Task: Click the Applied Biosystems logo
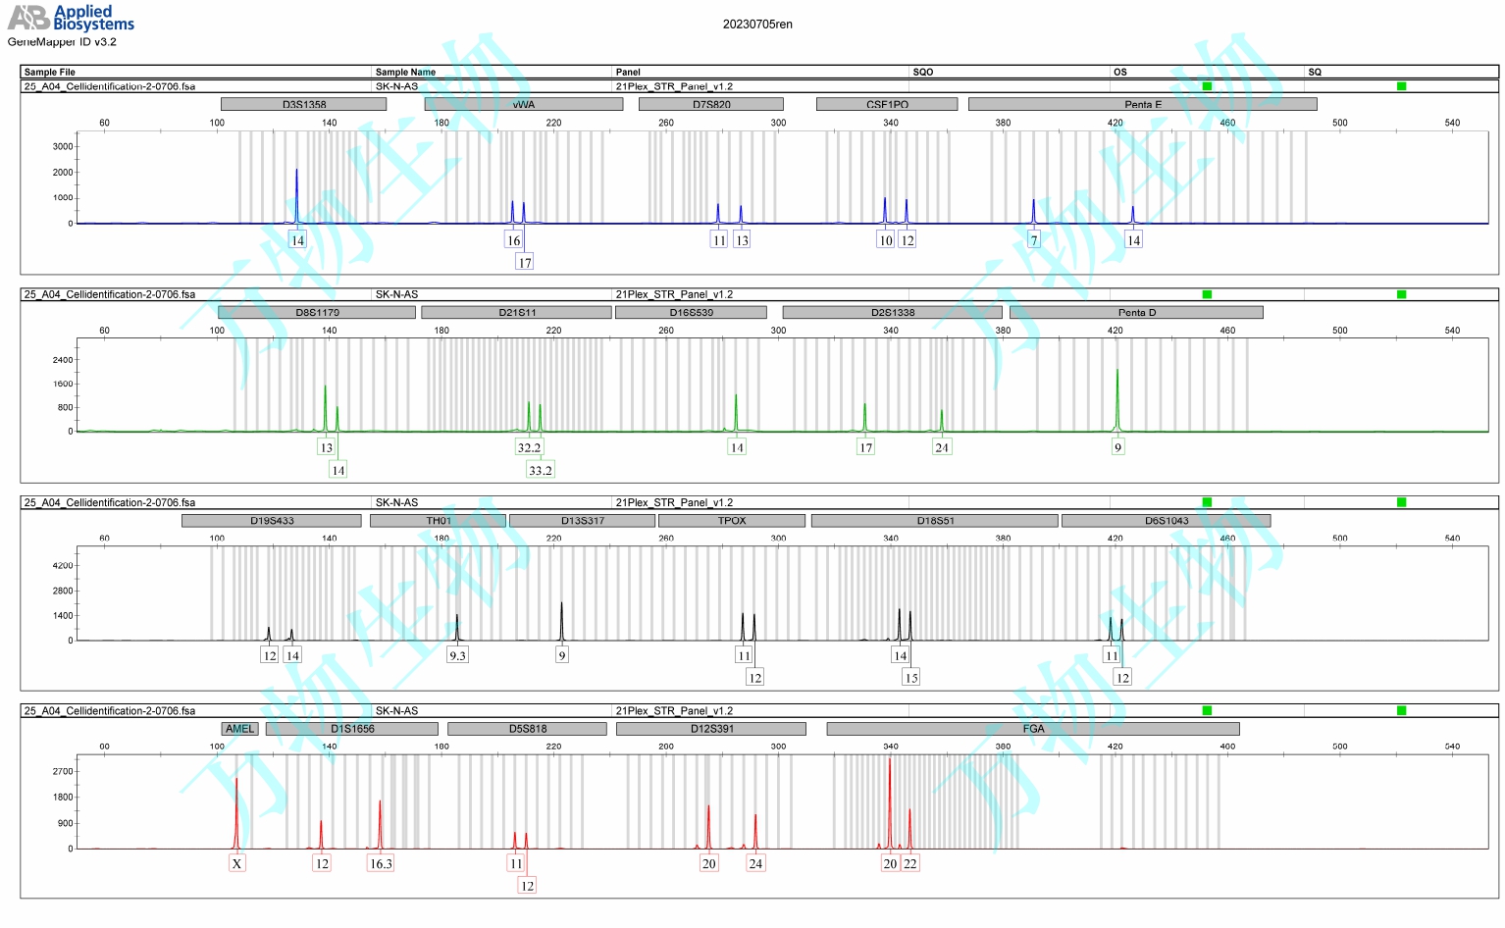(x=71, y=18)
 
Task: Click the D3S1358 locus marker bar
(x=304, y=104)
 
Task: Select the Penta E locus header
(x=1142, y=104)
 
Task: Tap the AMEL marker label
(x=239, y=729)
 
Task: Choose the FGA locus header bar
(x=1033, y=729)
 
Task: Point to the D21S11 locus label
(x=517, y=313)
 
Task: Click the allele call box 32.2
(x=529, y=447)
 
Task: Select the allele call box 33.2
(x=541, y=470)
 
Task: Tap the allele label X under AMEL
(x=236, y=863)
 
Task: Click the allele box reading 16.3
(x=381, y=863)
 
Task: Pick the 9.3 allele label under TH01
(x=457, y=655)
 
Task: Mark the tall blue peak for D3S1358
(x=296, y=186)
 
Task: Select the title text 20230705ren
(x=757, y=25)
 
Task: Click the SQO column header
(x=923, y=72)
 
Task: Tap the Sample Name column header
(x=405, y=72)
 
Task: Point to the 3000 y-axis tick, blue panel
(x=63, y=147)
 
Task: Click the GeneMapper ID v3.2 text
(x=62, y=42)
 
